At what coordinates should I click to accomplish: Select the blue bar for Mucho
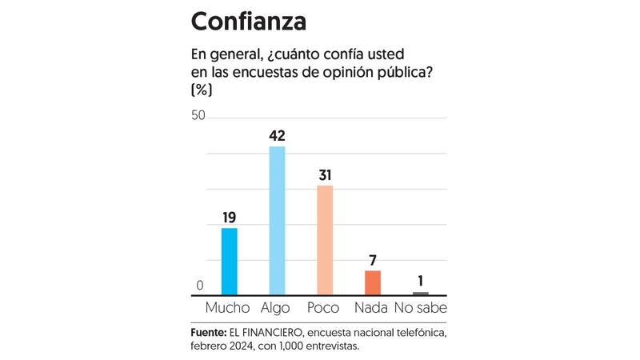coord(229,262)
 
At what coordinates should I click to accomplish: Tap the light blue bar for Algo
coord(277,221)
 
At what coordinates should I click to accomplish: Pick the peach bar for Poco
coord(325,240)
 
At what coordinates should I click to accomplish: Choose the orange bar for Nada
coord(373,283)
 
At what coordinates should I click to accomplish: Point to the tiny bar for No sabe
coord(421,294)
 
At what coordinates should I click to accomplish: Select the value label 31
coord(325,174)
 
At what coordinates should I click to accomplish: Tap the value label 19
coord(229,216)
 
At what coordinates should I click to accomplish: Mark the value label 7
coord(373,259)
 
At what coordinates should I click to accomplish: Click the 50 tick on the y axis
coord(198,116)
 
